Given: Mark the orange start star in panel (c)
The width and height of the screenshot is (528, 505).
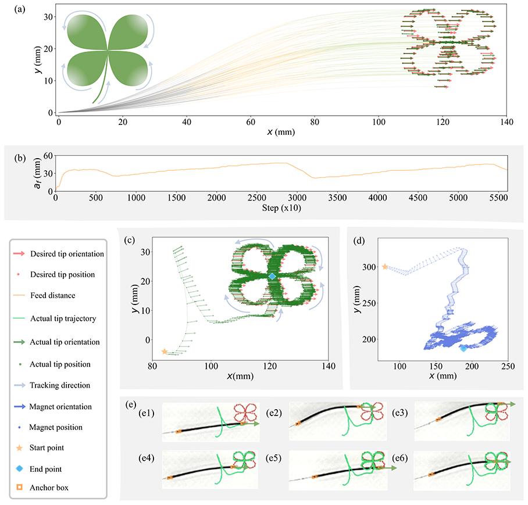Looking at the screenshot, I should (165, 352).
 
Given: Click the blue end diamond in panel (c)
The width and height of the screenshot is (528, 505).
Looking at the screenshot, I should (272, 277).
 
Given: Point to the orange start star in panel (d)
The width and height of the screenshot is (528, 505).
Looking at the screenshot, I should (385, 267).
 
